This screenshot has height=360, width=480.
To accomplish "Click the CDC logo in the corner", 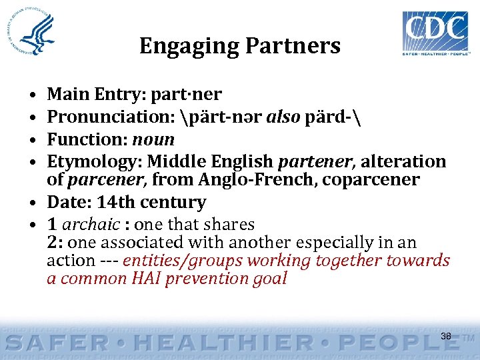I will click(x=434, y=33).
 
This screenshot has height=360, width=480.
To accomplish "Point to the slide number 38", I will click(x=446, y=337).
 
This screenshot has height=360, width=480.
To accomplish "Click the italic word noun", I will click(x=153, y=139).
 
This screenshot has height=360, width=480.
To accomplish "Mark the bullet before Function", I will click(x=33, y=140).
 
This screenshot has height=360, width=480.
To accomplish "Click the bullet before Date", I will click(x=33, y=203).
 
